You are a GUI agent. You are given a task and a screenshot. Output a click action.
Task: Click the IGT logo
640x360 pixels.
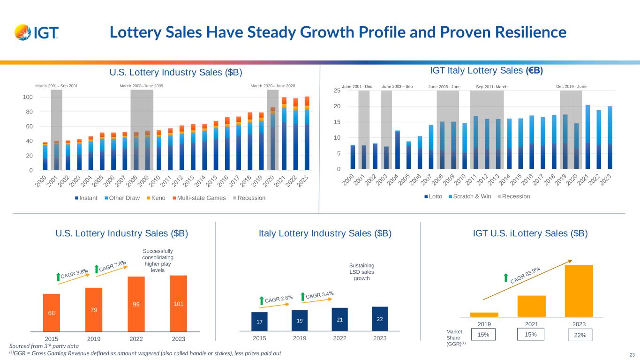pyautogui.click(x=37, y=33)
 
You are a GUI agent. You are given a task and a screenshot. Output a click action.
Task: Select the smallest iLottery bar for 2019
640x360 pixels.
pyautogui.click(x=484, y=315)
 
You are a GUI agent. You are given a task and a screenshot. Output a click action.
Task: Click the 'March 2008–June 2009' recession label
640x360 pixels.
pyautogui.click(x=142, y=86)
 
